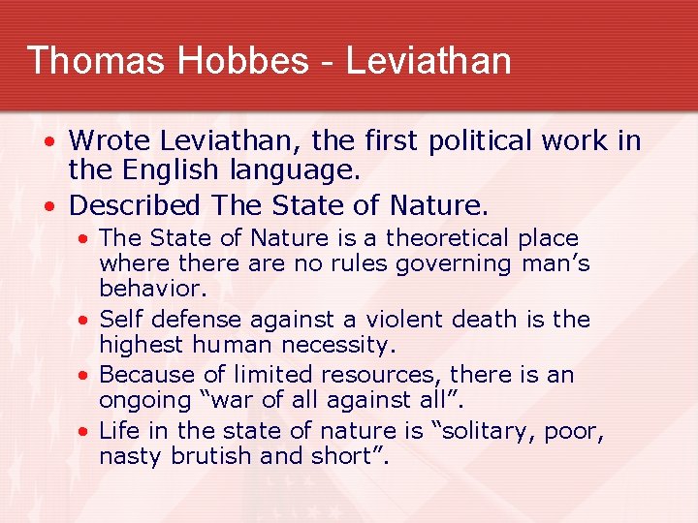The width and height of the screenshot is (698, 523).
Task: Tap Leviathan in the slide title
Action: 428,60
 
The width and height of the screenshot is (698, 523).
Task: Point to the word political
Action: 468,141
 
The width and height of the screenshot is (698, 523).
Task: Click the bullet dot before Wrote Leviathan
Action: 54,142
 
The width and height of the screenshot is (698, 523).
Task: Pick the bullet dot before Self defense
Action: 86,320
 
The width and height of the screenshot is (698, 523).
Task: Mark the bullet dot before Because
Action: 86,375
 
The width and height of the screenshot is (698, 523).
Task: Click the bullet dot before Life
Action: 86,430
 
